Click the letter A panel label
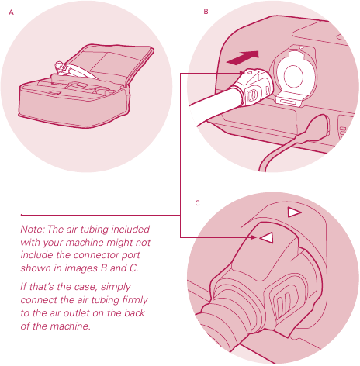coord(11,12)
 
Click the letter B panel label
coord(206,12)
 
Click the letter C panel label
coord(197,203)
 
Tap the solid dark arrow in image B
coord(243,57)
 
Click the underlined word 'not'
coord(143,243)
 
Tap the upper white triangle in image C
coord(293,212)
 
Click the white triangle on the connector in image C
coord(267,237)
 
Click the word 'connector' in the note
coord(98,255)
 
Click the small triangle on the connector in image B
coord(249,73)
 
